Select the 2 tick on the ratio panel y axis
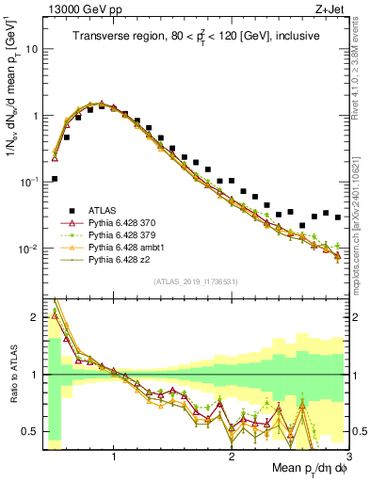point(34,317)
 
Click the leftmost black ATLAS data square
point(55,178)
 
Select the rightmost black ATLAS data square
point(338,217)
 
